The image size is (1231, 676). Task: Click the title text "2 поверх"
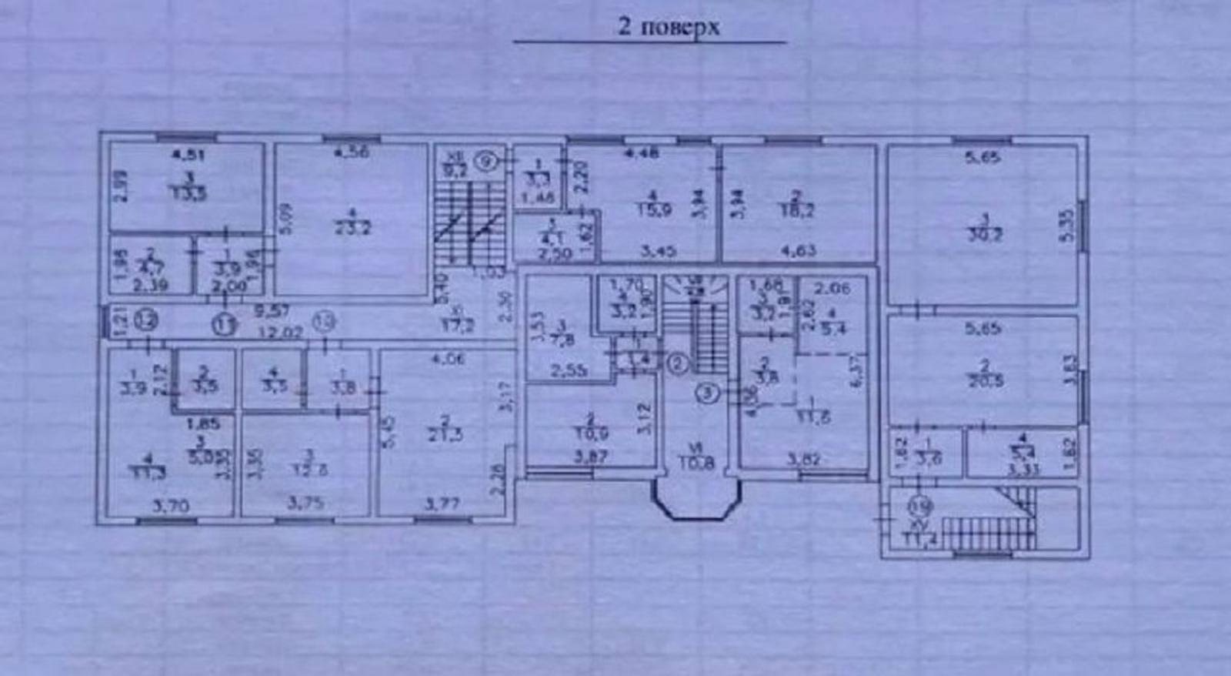pos(669,28)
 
